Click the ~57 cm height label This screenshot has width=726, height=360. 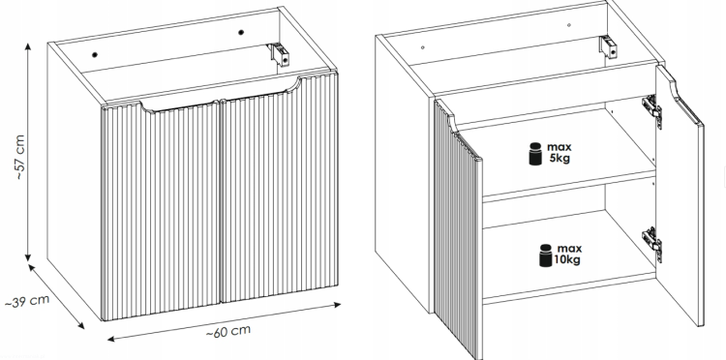pos(19,158)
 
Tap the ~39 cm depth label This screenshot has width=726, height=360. pos(27,301)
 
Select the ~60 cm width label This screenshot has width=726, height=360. pos(228,331)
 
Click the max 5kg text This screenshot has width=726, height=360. pos(560,153)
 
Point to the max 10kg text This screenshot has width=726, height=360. pos(567,255)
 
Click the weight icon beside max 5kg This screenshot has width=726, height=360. pos(535,154)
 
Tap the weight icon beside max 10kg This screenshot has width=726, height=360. pos(546,255)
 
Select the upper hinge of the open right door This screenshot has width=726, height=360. pos(651,111)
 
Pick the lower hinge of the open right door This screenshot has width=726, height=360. pos(651,244)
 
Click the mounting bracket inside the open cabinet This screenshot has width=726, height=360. pos(609,47)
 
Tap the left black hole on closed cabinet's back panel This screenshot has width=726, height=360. pos(95,54)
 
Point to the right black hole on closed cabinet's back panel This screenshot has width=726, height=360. pos(241,32)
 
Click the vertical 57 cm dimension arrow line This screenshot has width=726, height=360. pos(28,152)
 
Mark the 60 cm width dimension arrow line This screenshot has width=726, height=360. pos(225,321)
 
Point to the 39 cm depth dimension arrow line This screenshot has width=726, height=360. pos(56,296)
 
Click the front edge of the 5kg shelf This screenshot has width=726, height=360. pos(569,187)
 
